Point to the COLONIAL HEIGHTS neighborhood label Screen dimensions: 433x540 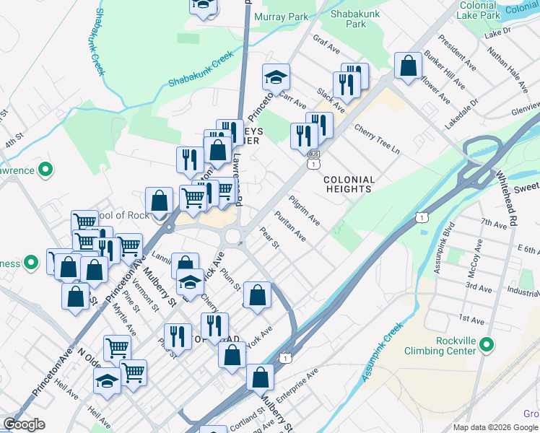pyautogui.click(x=349, y=184)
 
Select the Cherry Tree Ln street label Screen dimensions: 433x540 pyautogui.click(x=377, y=137)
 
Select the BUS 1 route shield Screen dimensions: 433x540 pyautogui.click(x=313, y=159)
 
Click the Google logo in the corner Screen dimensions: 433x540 pyautogui.click(x=24, y=424)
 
